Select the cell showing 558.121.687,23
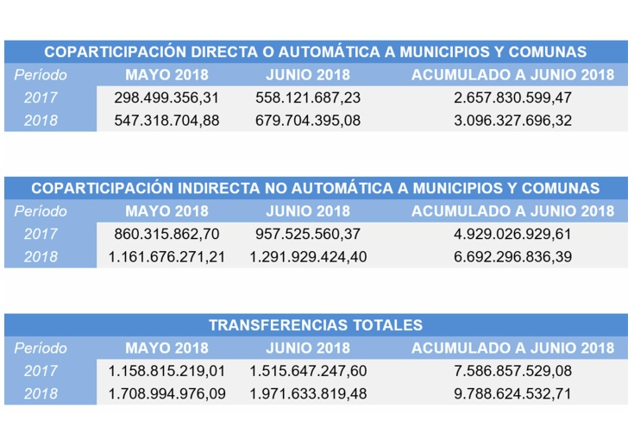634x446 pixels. pyautogui.click(x=308, y=97)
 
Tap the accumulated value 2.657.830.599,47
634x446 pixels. pyautogui.click(x=512, y=97)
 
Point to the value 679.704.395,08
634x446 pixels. pyautogui.click(x=308, y=120)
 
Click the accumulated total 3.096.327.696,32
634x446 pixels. pyautogui.click(x=512, y=120)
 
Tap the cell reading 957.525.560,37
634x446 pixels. pyautogui.click(x=308, y=234)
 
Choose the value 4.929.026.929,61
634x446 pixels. pyautogui.click(x=512, y=234)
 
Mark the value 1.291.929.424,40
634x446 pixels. pyautogui.click(x=308, y=256)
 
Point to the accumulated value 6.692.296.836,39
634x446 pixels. pyautogui.click(x=512, y=256)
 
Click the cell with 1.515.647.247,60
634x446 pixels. pyautogui.click(x=308, y=371)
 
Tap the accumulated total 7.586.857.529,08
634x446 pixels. pyautogui.click(x=512, y=371)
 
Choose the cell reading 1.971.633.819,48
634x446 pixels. pyautogui.click(x=308, y=393)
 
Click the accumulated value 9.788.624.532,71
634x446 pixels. pyautogui.click(x=512, y=393)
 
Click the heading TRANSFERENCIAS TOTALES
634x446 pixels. pyautogui.click(x=316, y=325)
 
